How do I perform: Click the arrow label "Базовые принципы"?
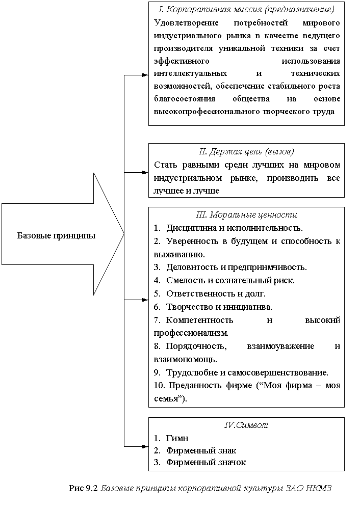[56, 235]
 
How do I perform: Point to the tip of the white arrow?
[123, 234]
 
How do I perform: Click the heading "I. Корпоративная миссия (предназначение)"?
[246, 10]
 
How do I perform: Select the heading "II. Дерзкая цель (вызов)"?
[246, 152]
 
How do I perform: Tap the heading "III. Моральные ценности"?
[246, 214]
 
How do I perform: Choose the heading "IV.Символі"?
[246, 425]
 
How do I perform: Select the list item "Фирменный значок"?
[206, 462]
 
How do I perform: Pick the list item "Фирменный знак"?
[201, 450]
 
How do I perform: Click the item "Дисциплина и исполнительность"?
[234, 227]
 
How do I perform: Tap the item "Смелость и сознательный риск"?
[230, 280]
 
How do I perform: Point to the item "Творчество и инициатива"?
[219, 307]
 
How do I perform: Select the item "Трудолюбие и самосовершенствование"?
[247, 372]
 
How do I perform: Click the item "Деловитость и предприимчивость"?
[237, 267]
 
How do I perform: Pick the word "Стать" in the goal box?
[164, 165]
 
